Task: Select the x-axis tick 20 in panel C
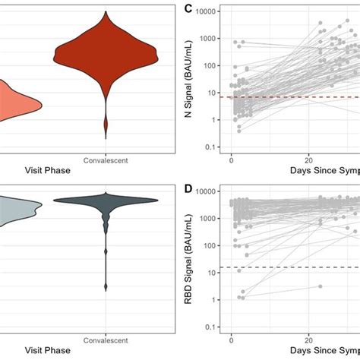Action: (x=308, y=160)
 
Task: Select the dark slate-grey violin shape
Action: (x=106, y=202)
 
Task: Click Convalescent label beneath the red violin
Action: (x=106, y=160)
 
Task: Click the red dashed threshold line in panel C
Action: (x=304, y=97)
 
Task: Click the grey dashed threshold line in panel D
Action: (x=304, y=267)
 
